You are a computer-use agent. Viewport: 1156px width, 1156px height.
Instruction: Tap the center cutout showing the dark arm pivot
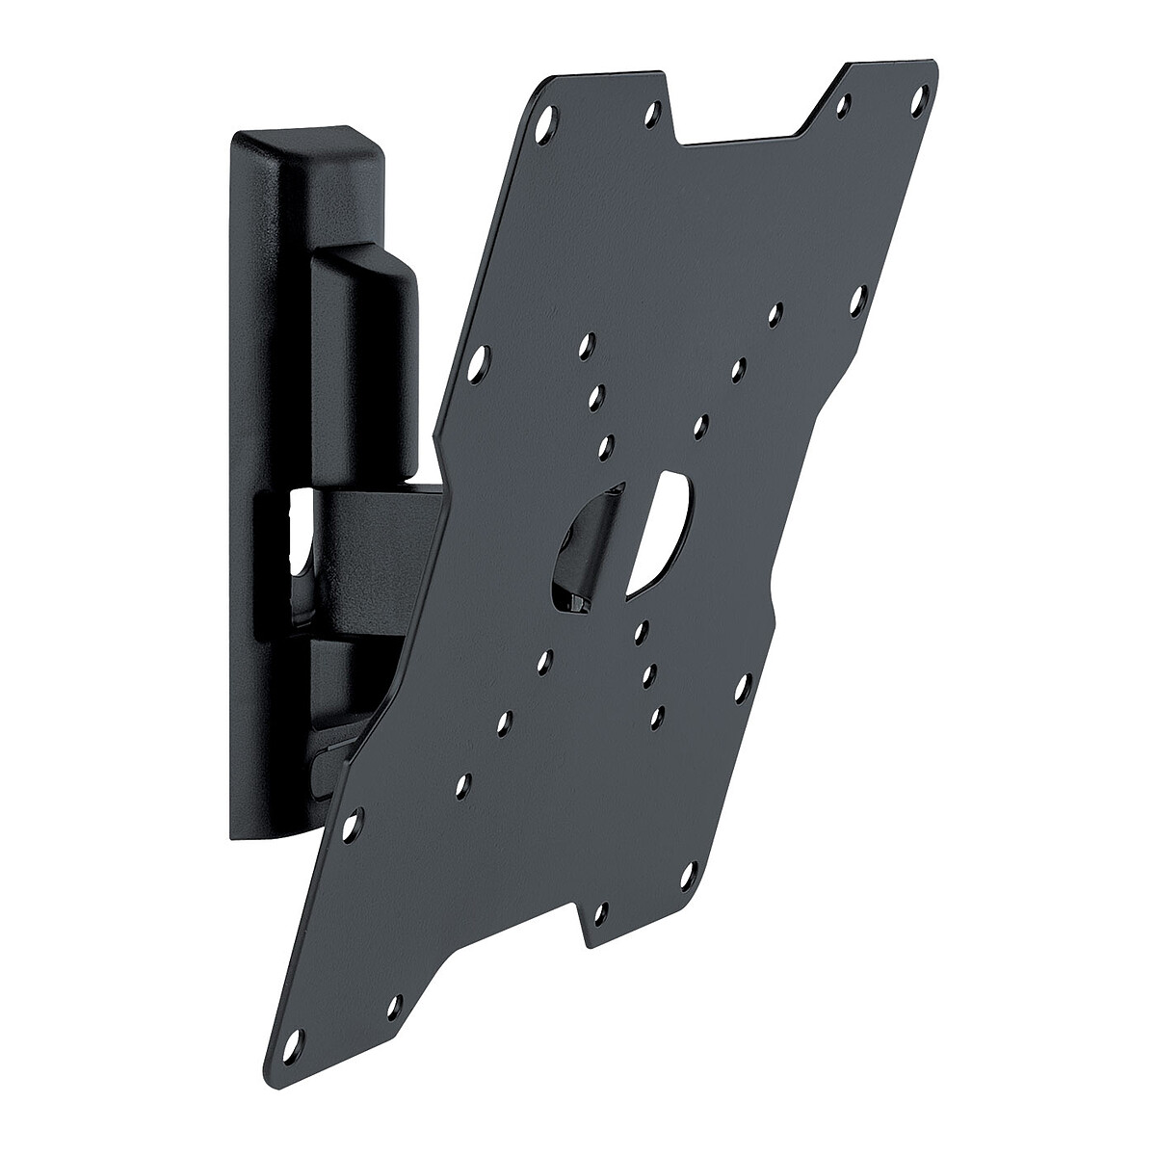coord(583,554)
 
